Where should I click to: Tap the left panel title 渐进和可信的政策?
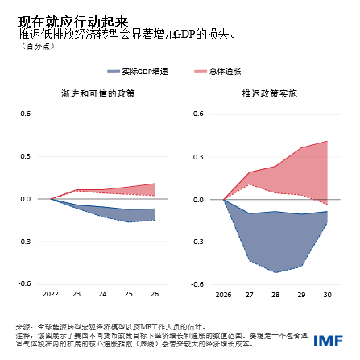click(97, 93)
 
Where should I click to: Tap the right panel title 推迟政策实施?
click(269, 93)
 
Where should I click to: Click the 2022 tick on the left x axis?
click(50, 295)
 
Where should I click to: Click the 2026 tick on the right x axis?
click(223, 295)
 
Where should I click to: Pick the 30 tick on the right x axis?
click(326, 295)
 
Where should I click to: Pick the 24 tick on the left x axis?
click(102, 295)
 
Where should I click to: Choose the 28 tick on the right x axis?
click(275, 295)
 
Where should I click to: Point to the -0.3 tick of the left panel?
click(25, 241)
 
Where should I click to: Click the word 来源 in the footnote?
click(23, 325)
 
